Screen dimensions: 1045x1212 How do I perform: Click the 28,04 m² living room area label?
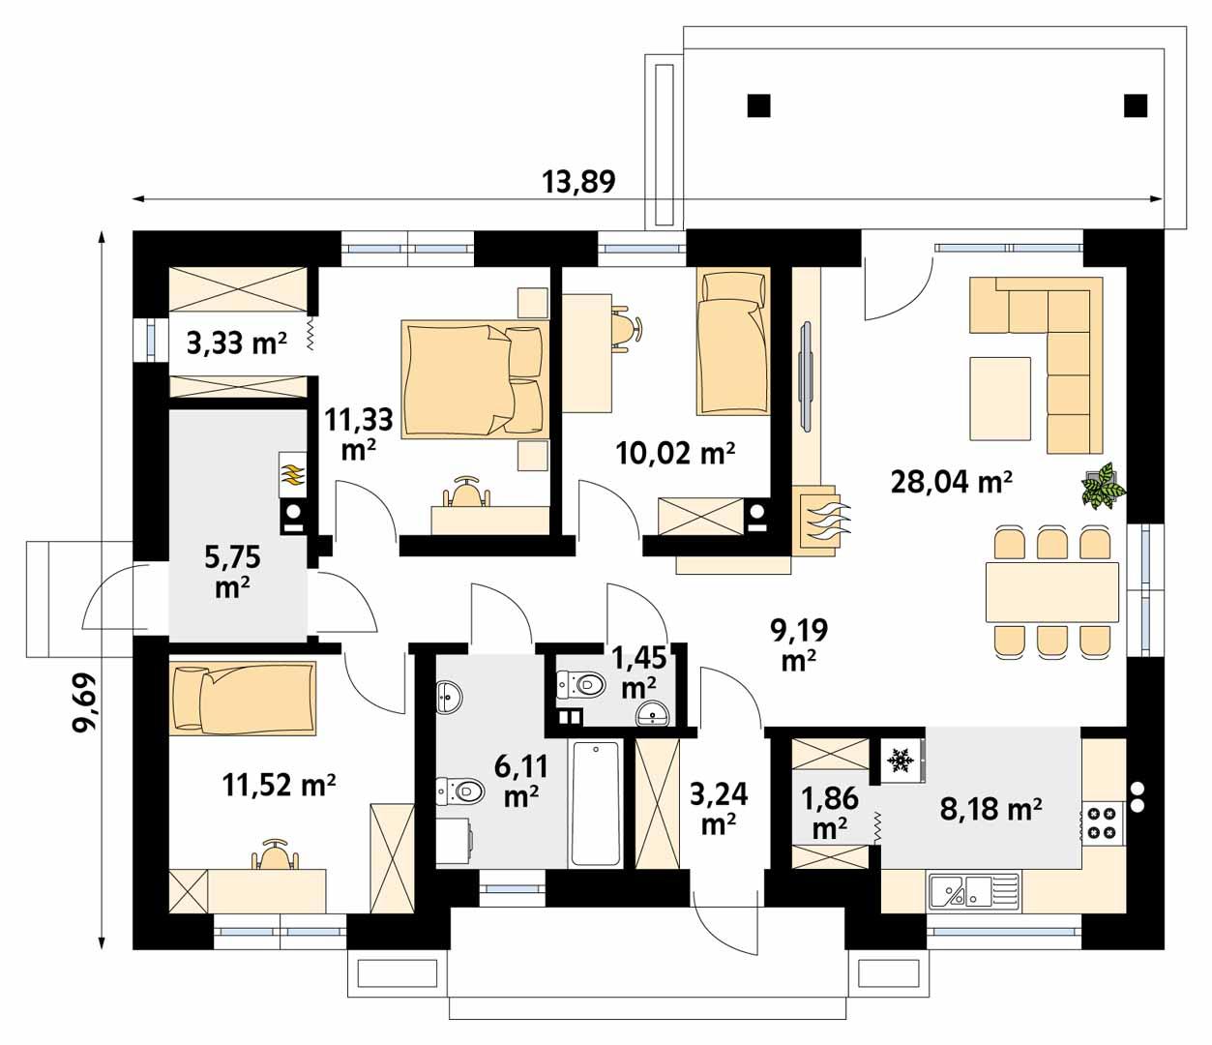click(x=951, y=480)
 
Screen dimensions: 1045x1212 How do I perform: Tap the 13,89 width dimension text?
click(x=578, y=181)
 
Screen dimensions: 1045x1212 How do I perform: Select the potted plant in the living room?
click(x=1103, y=486)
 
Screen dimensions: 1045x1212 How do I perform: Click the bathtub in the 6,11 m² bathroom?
click(x=595, y=802)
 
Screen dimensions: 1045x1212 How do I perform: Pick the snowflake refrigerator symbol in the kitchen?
click(x=901, y=761)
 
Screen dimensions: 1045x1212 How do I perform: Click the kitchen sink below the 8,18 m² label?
click(x=973, y=890)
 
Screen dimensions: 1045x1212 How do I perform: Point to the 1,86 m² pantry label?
click(x=830, y=812)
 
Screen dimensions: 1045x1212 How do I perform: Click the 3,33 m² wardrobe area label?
click(x=237, y=343)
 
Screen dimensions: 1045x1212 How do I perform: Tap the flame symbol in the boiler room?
click(x=291, y=475)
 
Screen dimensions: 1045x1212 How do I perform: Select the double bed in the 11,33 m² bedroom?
click(x=474, y=378)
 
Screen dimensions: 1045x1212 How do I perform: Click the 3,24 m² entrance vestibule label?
click(x=719, y=808)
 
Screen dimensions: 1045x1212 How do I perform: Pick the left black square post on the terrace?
click(x=759, y=104)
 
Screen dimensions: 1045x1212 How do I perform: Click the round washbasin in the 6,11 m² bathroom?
click(x=449, y=696)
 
